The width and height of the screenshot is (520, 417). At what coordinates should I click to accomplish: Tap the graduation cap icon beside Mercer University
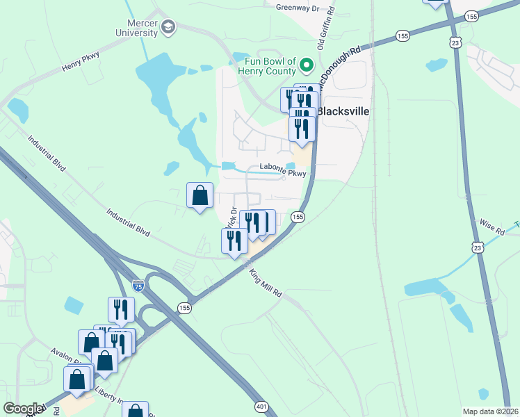[x=168, y=27]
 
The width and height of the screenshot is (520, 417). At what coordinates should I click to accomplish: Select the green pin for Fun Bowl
[x=307, y=66]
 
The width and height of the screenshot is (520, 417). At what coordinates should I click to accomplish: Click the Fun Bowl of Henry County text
[x=267, y=66]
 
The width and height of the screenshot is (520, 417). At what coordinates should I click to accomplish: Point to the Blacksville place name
[x=343, y=111]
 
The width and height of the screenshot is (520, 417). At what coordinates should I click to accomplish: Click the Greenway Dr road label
[x=297, y=8]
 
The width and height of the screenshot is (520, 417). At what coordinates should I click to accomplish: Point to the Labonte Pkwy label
[x=283, y=167]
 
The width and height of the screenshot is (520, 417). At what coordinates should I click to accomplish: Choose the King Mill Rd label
[x=265, y=284]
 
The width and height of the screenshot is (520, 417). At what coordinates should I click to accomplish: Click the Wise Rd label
[x=491, y=227]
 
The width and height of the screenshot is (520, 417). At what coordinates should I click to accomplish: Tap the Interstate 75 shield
[x=138, y=285]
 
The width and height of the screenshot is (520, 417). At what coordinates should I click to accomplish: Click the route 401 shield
[x=261, y=406]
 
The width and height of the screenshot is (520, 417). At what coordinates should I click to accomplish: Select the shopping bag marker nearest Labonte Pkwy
[x=200, y=195]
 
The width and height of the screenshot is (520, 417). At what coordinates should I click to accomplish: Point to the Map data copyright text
[x=490, y=411]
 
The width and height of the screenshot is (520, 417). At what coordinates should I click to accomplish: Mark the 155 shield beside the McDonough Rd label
[x=403, y=35]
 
